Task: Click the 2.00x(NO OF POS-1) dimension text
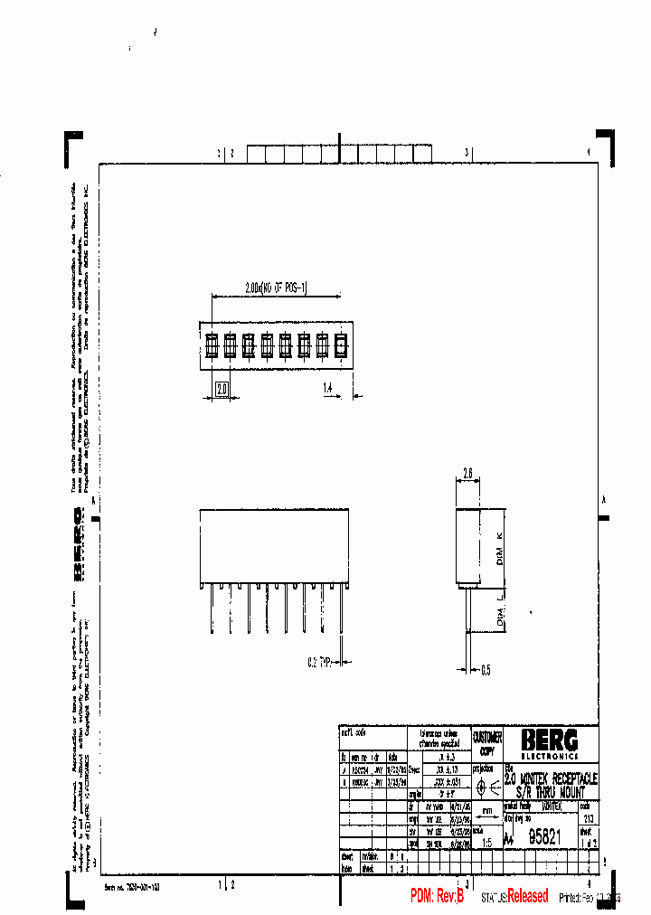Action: point(277,288)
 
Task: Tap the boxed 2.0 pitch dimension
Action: point(222,390)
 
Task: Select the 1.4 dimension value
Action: point(329,388)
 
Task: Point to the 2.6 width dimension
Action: point(467,473)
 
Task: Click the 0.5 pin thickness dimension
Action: point(486,670)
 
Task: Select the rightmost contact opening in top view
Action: point(341,345)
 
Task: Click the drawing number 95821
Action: point(545,837)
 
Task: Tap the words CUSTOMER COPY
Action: point(487,744)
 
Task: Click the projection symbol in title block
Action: point(487,787)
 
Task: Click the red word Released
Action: point(527,896)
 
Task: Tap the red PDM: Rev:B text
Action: point(437,896)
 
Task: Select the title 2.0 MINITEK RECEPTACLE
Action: point(551,778)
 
